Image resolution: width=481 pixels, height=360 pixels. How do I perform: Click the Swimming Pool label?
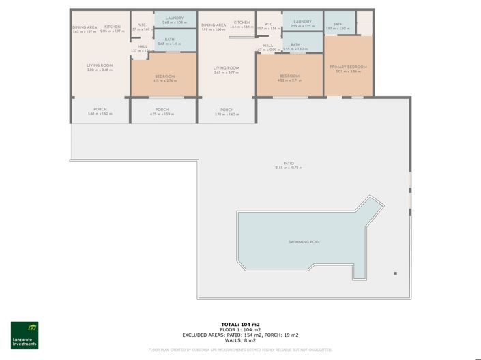click(304, 241)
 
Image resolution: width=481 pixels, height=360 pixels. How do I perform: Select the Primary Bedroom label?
click(348, 67)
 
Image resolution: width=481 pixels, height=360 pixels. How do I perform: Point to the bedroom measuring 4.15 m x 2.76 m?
click(164, 78)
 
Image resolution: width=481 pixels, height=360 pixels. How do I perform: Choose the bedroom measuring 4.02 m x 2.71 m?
click(289, 78)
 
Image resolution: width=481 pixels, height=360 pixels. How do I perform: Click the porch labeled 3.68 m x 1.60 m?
click(100, 112)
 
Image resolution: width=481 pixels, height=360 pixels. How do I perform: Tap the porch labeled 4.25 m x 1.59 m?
click(162, 112)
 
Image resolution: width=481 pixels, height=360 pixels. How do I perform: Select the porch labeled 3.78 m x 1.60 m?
click(227, 112)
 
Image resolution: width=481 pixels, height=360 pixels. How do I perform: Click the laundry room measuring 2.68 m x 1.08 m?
click(175, 20)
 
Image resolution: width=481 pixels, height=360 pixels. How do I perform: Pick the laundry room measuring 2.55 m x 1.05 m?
click(302, 23)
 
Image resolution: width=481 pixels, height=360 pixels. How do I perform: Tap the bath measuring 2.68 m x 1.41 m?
click(169, 41)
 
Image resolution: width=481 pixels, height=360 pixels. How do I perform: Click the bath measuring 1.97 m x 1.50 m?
click(338, 26)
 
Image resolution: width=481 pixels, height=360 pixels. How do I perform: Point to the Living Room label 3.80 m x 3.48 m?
click(100, 67)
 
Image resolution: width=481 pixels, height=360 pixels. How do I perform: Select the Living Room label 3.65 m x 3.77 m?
click(227, 70)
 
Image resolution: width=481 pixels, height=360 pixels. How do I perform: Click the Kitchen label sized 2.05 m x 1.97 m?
click(113, 29)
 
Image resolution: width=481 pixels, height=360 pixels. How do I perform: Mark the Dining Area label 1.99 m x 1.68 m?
click(214, 27)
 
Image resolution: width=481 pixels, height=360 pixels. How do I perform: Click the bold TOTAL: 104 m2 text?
click(240, 324)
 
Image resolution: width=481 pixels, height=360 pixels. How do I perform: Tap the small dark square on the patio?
click(395, 273)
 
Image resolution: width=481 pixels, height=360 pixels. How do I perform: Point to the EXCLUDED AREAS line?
click(240, 335)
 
